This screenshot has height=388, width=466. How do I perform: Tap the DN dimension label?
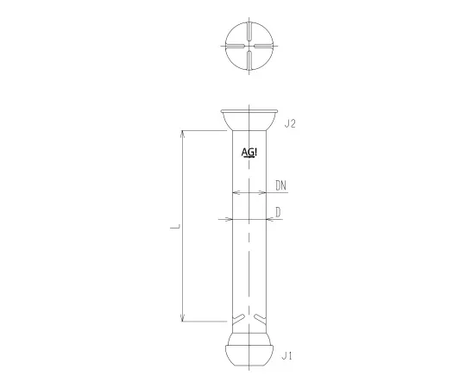click(x=281, y=185)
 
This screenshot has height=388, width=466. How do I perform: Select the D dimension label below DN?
click(x=278, y=211)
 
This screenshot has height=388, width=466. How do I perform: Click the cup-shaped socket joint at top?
click(x=249, y=120)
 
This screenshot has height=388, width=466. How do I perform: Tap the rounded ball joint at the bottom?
click(x=249, y=349)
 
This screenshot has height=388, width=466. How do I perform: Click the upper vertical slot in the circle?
click(x=249, y=34)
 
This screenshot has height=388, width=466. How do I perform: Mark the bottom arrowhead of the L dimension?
click(x=182, y=319)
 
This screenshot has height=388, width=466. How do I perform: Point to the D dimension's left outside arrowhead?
click(x=228, y=218)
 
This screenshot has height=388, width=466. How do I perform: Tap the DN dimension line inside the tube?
click(x=249, y=191)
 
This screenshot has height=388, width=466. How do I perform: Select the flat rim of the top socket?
click(x=249, y=110)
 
